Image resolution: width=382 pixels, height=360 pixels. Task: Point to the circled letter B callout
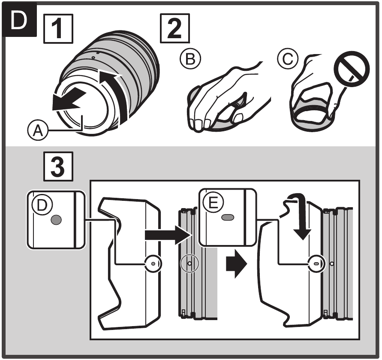pos(190,58)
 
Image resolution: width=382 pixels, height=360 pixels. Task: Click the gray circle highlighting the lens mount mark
pos(189,263)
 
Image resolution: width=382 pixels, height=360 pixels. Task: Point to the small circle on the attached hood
pos(316,263)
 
